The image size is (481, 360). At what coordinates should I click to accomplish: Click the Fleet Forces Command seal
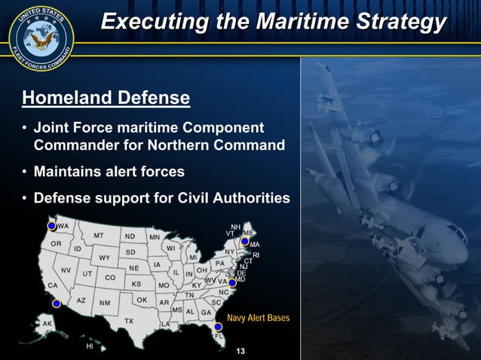[41, 39]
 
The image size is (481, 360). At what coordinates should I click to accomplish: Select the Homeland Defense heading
[106, 98]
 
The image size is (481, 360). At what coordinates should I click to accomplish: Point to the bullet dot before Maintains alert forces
[26, 172]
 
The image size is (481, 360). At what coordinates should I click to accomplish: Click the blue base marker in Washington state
[51, 226]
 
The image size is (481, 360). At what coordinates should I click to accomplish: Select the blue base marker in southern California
[56, 304]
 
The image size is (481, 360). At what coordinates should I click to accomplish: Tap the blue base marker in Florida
[218, 327]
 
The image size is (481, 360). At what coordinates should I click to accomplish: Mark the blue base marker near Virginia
[232, 282]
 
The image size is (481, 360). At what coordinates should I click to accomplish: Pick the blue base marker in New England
[245, 242]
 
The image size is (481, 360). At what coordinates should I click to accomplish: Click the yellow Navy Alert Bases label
[258, 318]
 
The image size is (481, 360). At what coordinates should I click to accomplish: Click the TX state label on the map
[129, 321]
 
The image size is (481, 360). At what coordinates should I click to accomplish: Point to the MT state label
[99, 235]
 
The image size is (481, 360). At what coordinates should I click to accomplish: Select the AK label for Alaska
[47, 324]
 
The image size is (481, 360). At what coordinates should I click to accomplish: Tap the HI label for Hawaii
[90, 347]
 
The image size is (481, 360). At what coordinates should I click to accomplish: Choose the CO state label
[110, 277]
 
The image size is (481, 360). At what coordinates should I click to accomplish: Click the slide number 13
[241, 352]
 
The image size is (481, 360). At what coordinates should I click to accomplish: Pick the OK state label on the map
[142, 300]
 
